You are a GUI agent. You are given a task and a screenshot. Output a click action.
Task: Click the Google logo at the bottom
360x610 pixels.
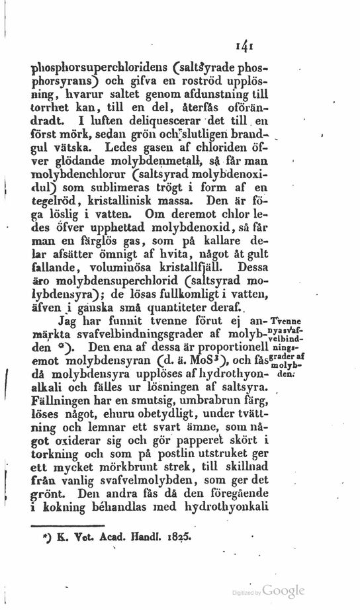285,590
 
